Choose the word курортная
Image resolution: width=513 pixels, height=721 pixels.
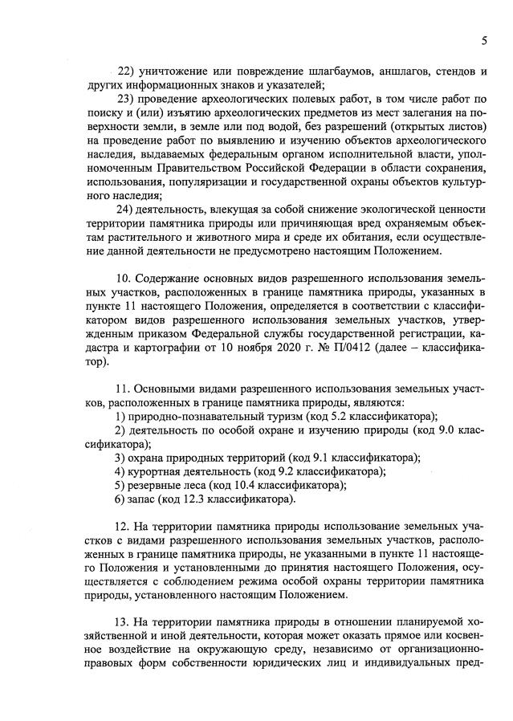[x=153, y=472]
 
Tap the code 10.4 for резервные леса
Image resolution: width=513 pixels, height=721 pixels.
[x=246, y=486]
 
